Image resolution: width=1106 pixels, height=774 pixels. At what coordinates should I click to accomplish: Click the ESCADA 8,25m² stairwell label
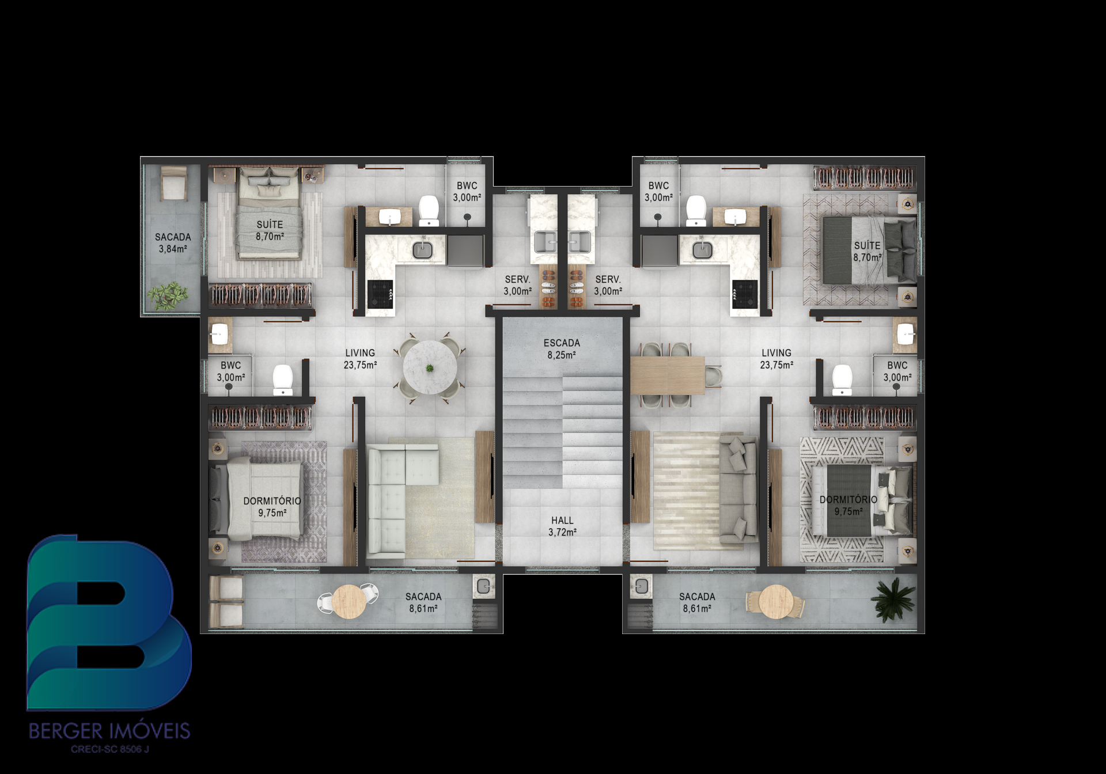(562, 349)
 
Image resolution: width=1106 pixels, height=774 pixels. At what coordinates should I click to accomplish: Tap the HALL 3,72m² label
(562, 526)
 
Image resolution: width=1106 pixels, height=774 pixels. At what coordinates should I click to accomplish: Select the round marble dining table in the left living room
(430, 367)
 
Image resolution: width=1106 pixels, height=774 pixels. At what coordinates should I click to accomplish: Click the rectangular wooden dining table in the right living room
(668, 375)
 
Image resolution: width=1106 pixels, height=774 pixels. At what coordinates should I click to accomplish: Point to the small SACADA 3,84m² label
(173, 243)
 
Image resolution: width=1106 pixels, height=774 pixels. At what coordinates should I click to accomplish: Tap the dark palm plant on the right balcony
(892, 600)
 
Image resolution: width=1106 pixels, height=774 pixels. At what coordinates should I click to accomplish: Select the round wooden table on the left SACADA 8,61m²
(349, 602)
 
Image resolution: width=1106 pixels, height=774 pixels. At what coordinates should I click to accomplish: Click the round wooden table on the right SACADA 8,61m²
(776, 602)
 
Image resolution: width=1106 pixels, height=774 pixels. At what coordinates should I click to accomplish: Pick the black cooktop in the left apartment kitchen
(380, 294)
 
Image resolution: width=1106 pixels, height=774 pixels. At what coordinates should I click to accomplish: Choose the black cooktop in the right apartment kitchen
(745, 294)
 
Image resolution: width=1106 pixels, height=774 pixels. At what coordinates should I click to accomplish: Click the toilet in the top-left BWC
(429, 210)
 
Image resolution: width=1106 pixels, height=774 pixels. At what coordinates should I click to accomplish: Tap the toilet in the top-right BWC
(696, 210)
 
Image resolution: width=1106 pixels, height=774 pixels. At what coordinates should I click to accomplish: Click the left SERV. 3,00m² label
(517, 285)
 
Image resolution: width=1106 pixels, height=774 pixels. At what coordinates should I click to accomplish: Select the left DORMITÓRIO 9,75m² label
(272, 507)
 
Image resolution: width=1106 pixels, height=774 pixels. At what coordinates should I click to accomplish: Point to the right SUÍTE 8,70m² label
(868, 252)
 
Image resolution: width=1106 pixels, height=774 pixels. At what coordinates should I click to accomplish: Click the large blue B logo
(108, 623)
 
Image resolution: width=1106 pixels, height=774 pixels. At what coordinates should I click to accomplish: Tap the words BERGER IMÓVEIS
(109, 731)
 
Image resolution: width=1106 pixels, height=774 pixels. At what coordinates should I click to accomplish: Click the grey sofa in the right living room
(738, 488)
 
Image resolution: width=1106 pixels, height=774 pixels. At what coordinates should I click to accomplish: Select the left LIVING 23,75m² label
(360, 359)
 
